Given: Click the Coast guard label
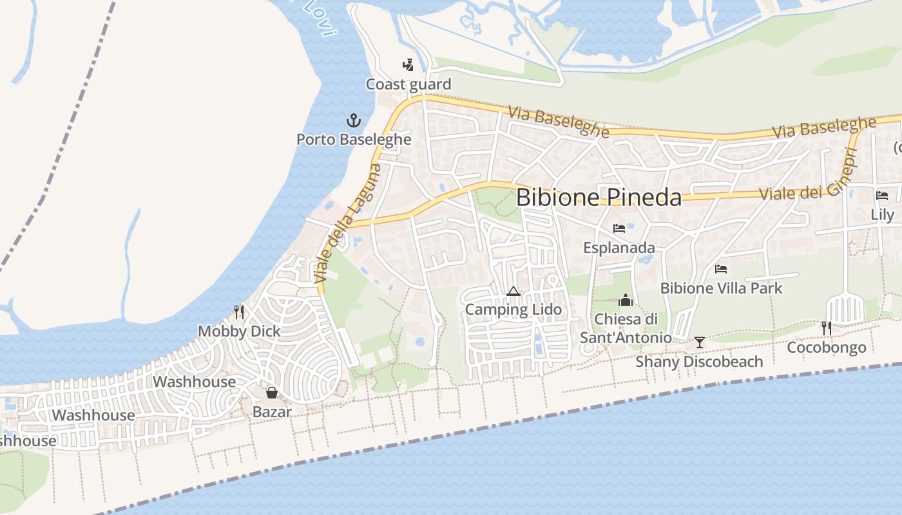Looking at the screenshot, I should tap(408, 84).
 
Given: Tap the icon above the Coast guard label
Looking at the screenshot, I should tap(407, 64).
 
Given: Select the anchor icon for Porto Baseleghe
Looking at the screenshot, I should tap(353, 120).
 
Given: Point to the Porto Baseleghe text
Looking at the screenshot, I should tap(353, 139).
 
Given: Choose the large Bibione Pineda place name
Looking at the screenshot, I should tap(599, 197).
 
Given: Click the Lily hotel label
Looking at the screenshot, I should tap(882, 214).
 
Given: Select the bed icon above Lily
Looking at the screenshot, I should tap(882, 196).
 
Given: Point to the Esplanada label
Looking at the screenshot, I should tap(619, 248).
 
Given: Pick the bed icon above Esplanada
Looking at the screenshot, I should tap(619, 229).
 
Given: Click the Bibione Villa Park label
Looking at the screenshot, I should tap(721, 288).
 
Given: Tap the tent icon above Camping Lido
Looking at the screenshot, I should tap(513, 291).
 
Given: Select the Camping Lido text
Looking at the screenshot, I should tap(513, 310).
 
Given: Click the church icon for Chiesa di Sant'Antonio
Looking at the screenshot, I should tap(626, 300).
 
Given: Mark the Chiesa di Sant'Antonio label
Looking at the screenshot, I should tap(626, 328).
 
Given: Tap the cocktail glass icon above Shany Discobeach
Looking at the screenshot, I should tap(699, 342).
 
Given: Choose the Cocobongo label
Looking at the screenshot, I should tap(827, 348).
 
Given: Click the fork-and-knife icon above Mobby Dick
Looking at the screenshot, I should tap(239, 312).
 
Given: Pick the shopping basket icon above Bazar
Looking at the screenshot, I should tap(272, 393).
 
